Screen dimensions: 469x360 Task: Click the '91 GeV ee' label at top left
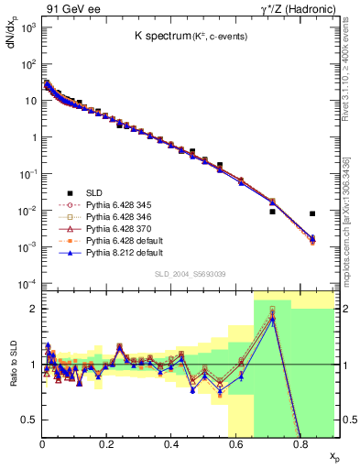(66, 8)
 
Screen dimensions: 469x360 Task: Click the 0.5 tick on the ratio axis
(29, 420)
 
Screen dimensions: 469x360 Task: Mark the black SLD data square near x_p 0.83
(312, 213)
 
